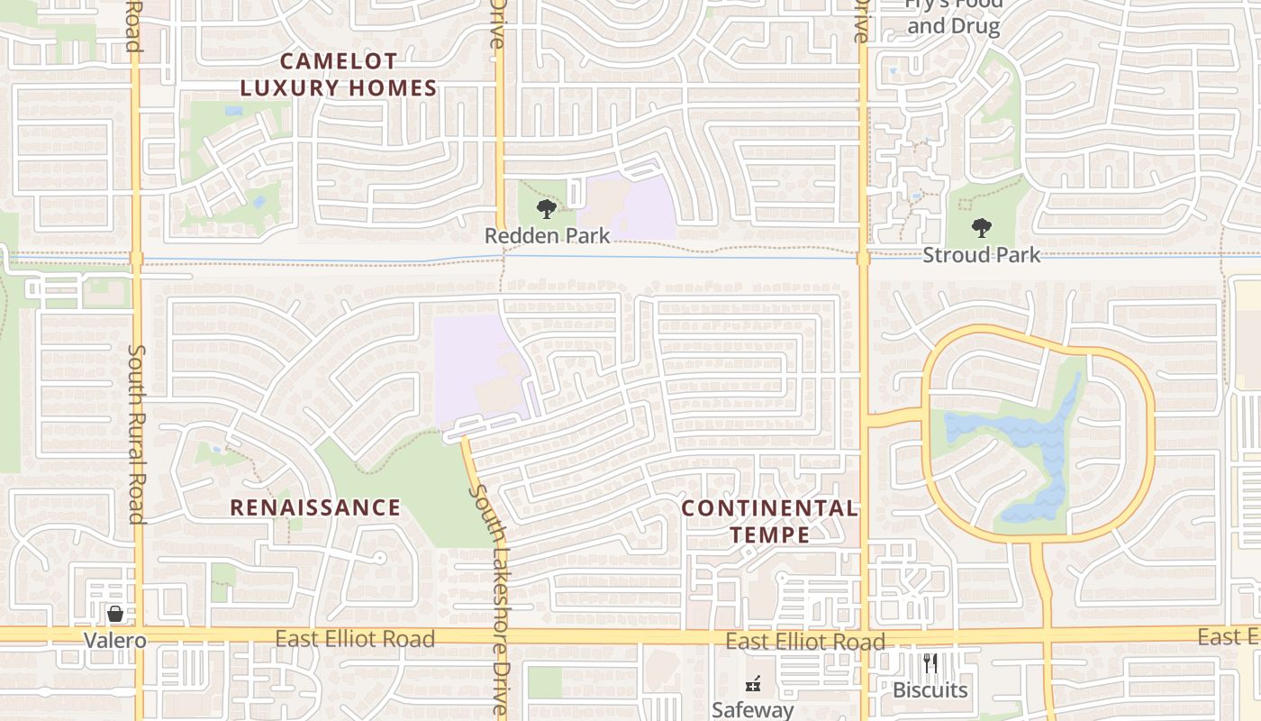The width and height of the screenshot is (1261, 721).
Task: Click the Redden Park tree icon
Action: point(546,210)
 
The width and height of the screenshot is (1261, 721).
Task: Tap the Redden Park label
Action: point(547,236)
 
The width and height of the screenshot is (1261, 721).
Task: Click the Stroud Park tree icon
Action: point(981,228)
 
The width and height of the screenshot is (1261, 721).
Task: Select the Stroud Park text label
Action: point(981,255)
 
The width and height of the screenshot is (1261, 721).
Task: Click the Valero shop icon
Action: point(115,615)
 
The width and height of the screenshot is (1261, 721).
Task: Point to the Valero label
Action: point(114,641)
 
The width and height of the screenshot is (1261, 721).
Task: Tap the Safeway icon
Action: point(753,684)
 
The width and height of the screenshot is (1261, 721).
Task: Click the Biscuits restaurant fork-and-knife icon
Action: point(930,664)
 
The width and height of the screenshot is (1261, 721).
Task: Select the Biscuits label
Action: point(930,690)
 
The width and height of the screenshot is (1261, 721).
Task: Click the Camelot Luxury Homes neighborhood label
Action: point(339,75)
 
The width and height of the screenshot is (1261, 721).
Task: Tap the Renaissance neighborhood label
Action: point(315,507)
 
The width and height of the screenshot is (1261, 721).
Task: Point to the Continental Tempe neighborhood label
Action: point(769,521)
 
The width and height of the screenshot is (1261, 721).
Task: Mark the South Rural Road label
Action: point(136,433)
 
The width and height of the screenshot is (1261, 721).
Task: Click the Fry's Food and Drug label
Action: point(953,16)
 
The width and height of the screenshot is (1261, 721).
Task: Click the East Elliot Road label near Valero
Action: point(355,639)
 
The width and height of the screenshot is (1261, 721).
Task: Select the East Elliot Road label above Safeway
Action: point(805,642)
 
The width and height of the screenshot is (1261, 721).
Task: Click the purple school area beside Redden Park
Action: point(630,207)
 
